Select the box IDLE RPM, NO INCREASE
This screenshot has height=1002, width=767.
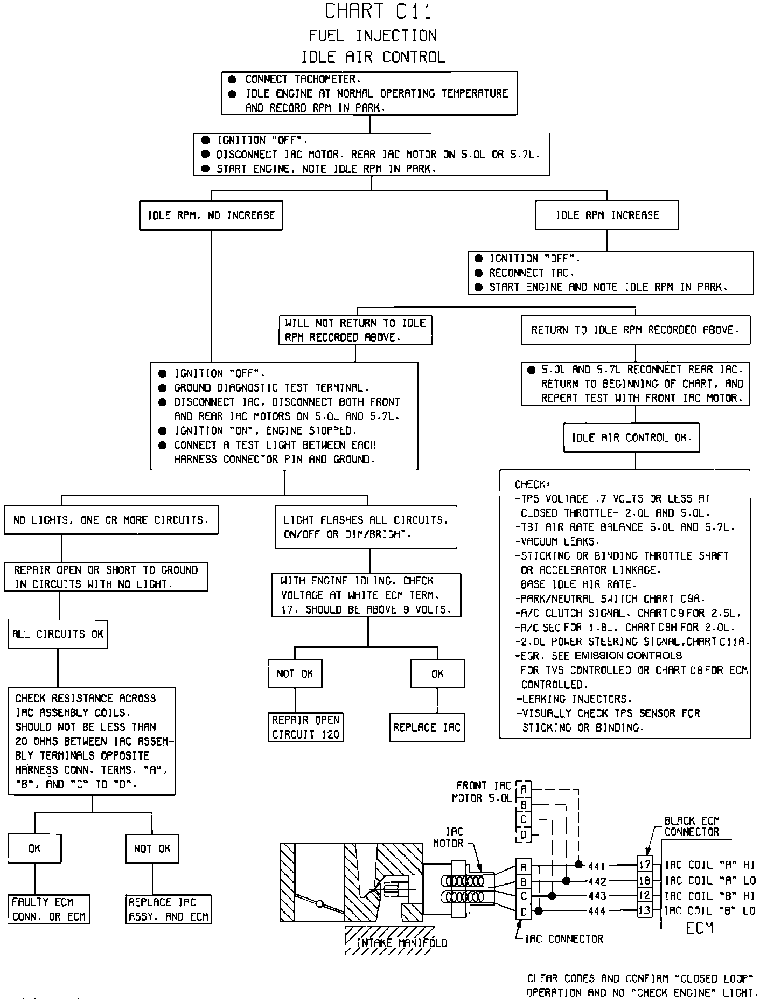[x=211, y=215]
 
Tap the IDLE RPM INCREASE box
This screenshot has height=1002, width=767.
[x=607, y=215]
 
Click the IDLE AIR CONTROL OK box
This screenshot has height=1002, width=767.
[x=631, y=437]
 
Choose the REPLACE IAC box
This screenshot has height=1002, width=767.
[x=427, y=727]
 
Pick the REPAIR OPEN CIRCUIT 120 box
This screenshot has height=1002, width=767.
[x=306, y=727]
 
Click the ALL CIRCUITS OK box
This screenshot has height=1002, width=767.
[x=58, y=634]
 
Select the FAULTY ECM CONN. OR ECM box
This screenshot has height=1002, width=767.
[x=48, y=909]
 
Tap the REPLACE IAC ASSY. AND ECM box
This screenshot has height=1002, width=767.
[x=168, y=909]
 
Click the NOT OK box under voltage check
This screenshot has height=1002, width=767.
[x=295, y=673]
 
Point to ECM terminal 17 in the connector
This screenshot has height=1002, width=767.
[x=645, y=865]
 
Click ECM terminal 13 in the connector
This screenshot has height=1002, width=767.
[x=645, y=911]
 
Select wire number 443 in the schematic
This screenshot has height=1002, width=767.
[x=597, y=896]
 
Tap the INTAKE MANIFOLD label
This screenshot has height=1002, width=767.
[x=402, y=943]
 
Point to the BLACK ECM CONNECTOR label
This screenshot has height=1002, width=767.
[x=692, y=826]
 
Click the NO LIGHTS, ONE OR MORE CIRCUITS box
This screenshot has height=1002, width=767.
[x=111, y=520]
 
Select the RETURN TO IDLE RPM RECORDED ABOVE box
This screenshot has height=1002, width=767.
[x=635, y=330]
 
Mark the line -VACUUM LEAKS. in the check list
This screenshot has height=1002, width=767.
[x=557, y=541]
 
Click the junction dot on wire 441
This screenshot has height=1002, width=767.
[x=579, y=865]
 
